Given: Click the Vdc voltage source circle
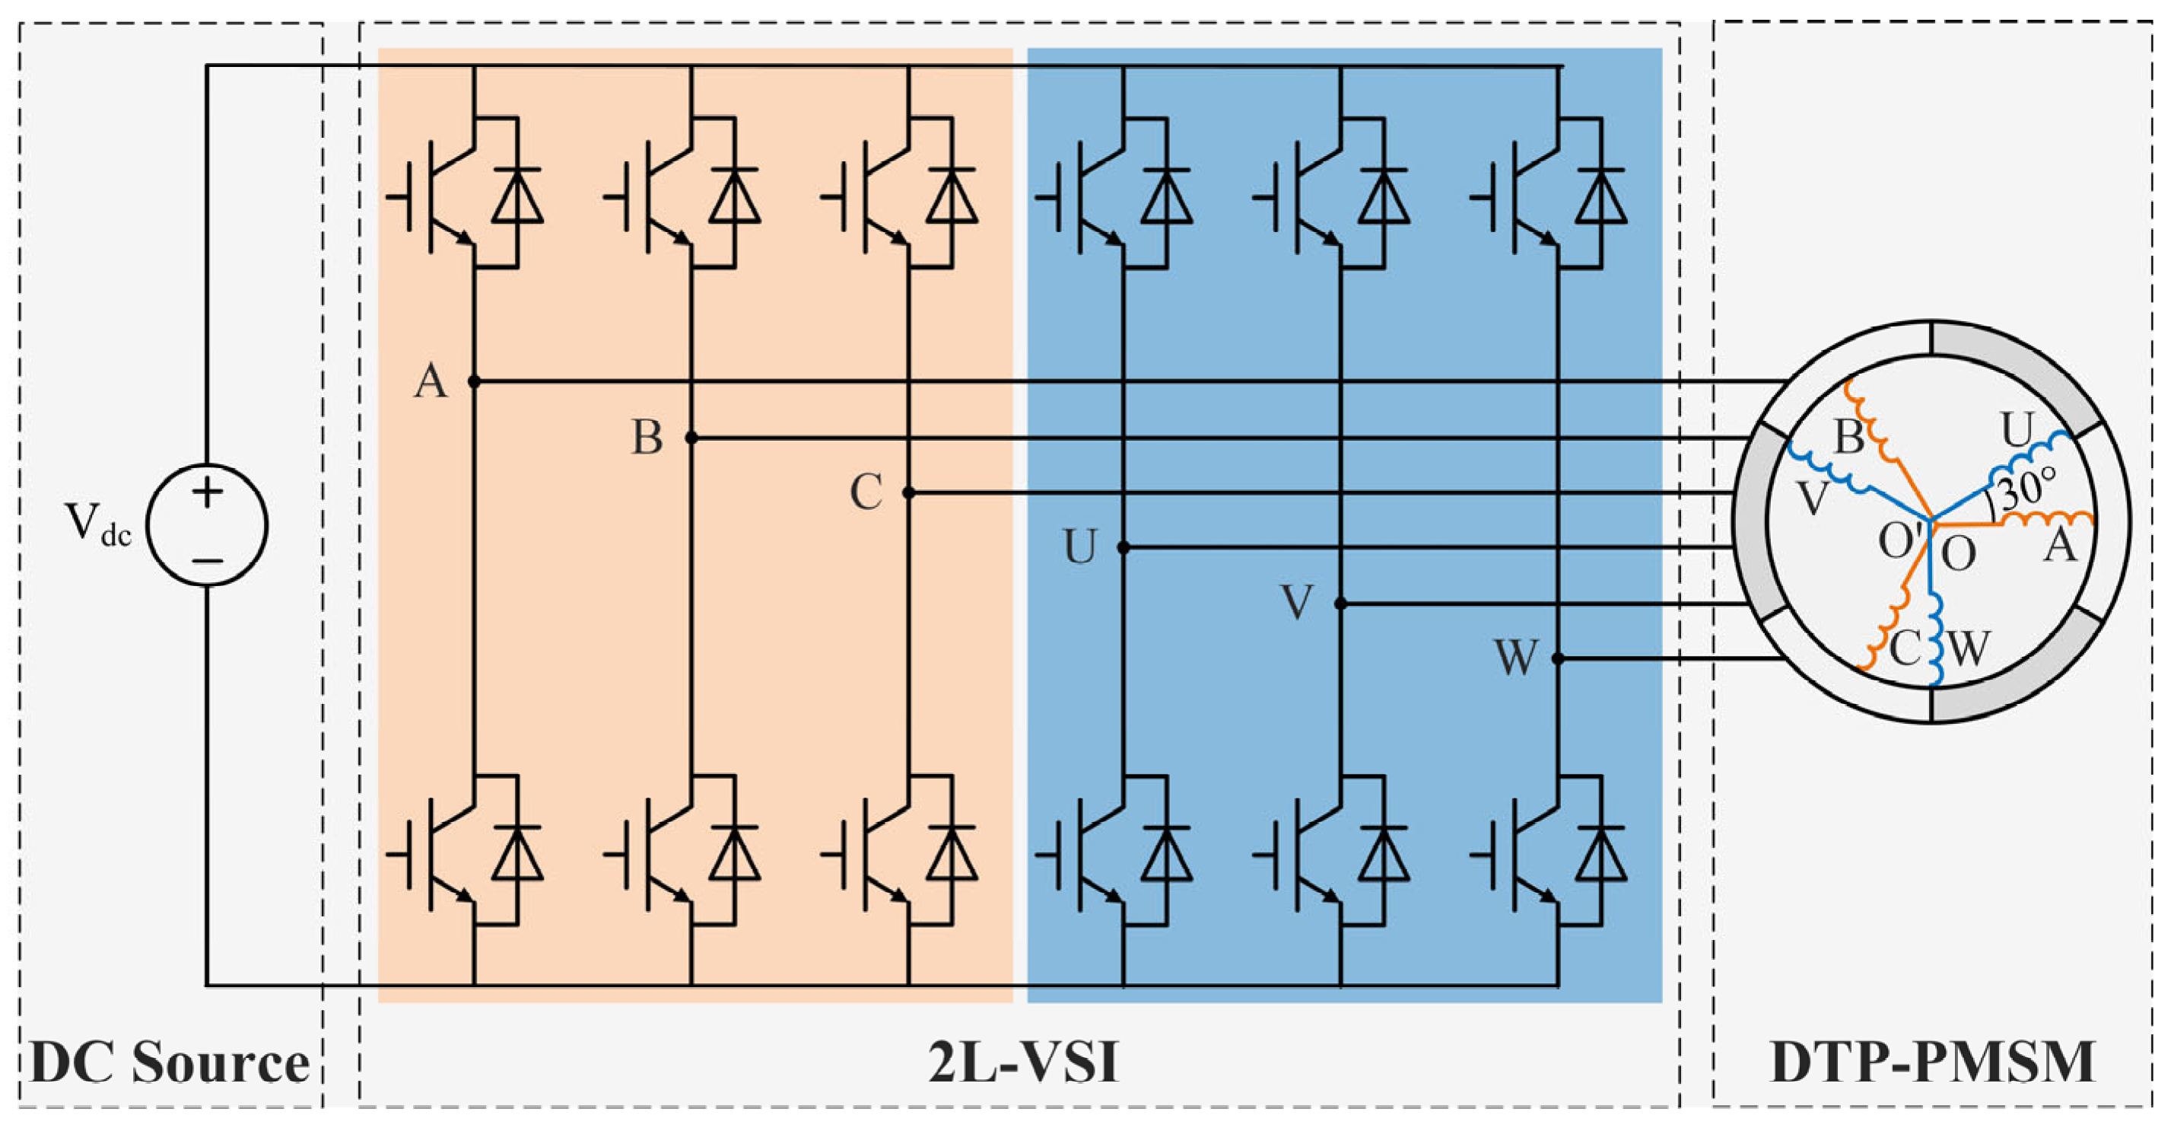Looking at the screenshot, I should [207, 524].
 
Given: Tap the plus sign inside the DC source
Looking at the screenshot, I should [207, 492].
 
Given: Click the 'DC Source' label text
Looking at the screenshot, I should [170, 1062].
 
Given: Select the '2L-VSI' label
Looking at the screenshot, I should [1023, 1062].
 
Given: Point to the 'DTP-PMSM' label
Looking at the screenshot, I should [1932, 1062].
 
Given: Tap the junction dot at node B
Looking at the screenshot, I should [691, 438].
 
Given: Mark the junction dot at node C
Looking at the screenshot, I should [908, 493].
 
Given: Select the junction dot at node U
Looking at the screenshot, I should [1124, 548].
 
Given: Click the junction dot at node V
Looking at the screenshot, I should [1340, 604].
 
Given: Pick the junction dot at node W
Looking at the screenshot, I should [1558, 658].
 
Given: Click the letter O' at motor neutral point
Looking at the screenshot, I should [1899, 542].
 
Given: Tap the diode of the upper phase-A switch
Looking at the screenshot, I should [517, 196].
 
